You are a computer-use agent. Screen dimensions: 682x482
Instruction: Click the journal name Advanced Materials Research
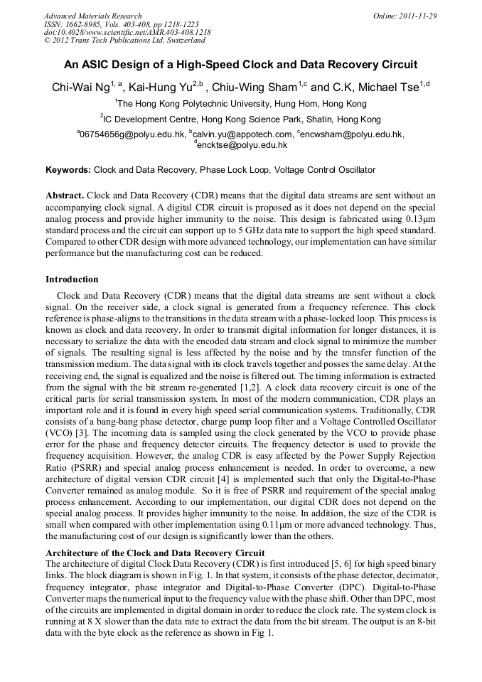pos(92,16)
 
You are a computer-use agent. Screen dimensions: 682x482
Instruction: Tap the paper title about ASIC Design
pos(240,65)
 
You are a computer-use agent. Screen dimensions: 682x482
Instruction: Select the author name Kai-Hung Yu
pos(163,87)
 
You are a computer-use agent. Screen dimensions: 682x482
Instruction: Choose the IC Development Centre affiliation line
pos(240,119)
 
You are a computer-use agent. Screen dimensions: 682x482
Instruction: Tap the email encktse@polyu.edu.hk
pos(242,145)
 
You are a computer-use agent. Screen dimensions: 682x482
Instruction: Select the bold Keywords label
pos(68,171)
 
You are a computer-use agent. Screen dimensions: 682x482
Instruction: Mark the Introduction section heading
pos(72,279)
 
